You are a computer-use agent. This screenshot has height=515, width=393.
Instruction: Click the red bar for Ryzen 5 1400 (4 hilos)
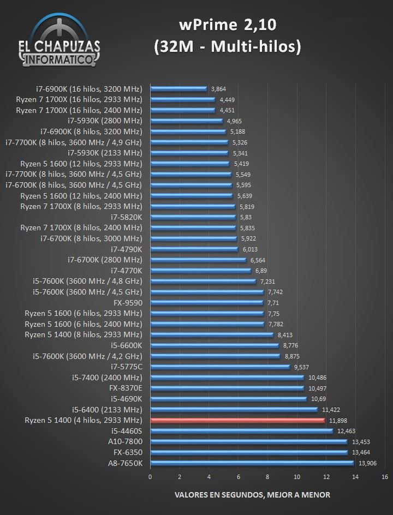(237, 420)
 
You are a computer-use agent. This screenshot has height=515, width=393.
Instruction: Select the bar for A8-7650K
(252, 463)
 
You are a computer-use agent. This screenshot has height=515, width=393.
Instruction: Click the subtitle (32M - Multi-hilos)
(227, 48)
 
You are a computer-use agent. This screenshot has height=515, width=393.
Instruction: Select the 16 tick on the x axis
(385, 476)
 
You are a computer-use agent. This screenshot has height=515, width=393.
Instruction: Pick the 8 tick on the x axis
(267, 476)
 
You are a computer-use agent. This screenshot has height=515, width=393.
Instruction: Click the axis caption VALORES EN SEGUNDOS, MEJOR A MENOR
(252, 495)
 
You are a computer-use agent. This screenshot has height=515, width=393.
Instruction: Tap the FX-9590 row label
(126, 302)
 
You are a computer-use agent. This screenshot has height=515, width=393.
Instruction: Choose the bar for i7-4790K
(194, 249)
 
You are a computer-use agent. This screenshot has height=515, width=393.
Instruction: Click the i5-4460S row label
(126, 430)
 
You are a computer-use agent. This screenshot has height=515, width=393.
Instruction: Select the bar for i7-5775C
(220, 367)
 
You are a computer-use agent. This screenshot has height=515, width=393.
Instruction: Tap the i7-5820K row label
(126, 217)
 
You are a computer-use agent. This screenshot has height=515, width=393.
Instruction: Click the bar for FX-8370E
(227, 388)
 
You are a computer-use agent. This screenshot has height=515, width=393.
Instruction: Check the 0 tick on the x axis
(150, 476)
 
